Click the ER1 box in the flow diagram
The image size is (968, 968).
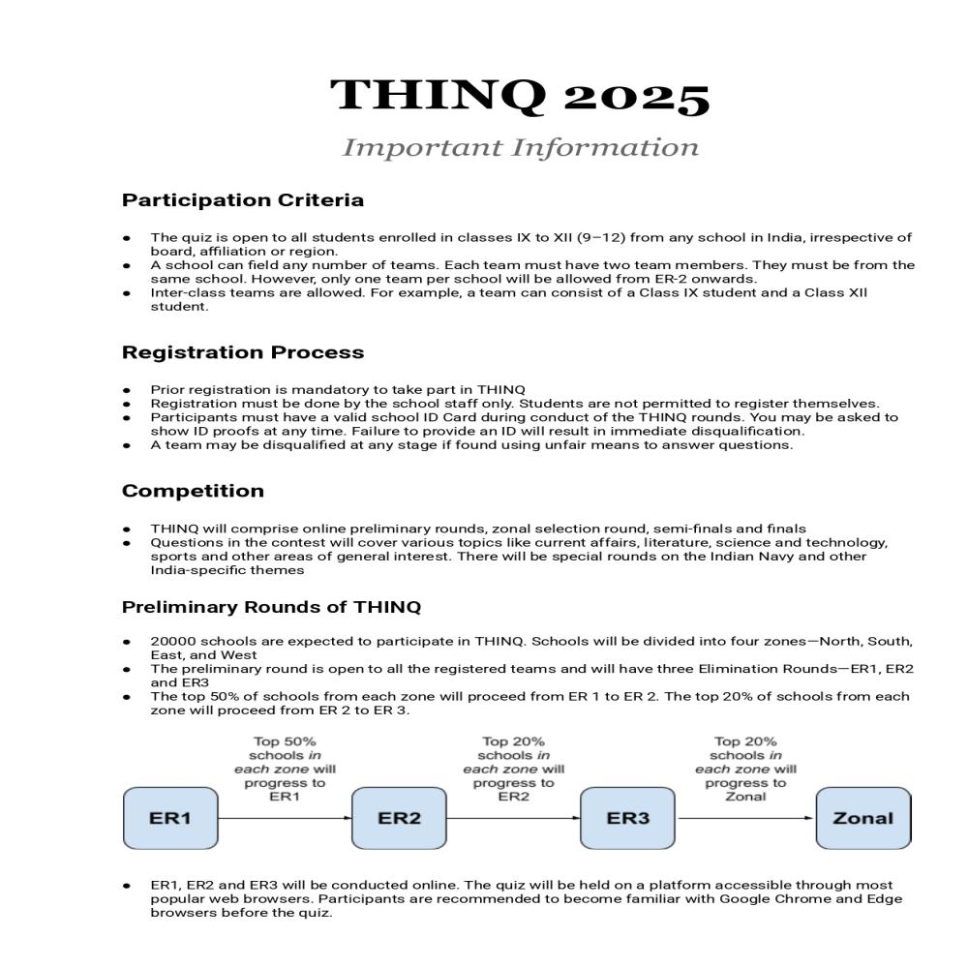(170, 818)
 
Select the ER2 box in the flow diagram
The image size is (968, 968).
(399, 818)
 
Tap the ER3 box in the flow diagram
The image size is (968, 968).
(627, 818)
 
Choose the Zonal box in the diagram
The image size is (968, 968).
(862, 818)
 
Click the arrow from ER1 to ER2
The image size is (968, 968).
(285, 818)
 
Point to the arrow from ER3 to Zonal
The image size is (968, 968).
(745, 818)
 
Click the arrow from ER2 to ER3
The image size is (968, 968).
(513, 818)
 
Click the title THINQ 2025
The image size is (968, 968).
(520, 97)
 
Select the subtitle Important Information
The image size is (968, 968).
(520, 148)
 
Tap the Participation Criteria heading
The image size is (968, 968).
(243, 200)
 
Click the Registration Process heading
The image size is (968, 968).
(243, 352)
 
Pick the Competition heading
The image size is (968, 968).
(193, 491)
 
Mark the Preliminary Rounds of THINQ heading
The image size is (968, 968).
(271, 608)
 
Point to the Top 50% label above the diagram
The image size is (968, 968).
(278, 742)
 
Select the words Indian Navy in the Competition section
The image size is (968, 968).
(750, 557)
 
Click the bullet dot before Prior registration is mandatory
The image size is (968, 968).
(127, 390)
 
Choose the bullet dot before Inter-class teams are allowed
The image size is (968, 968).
(127, 292)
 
